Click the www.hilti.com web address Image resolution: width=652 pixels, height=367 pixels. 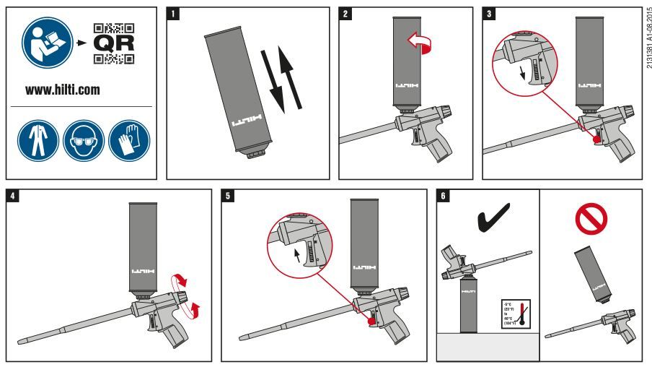[63, 91]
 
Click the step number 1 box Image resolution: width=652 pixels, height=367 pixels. [172, 14]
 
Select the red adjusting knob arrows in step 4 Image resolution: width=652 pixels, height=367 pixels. [191, 295]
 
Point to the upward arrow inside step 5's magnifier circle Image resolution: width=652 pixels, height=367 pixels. [296, 255]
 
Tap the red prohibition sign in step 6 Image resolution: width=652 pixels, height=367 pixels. [590, 216]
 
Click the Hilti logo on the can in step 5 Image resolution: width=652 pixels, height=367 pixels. [364, 267]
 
